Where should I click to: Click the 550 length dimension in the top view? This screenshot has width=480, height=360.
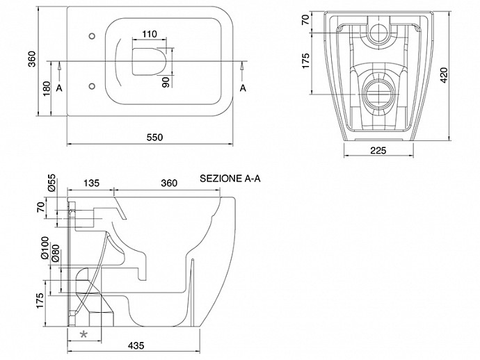click(154, 137)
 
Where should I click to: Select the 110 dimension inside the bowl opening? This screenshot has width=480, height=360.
click(148, 34)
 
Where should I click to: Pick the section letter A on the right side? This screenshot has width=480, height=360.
click(243, 88)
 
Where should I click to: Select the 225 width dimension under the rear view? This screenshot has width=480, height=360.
click(378, 150)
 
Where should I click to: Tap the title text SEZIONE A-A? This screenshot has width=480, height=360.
click(230, 178)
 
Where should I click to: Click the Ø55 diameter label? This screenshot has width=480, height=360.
click(51, 183)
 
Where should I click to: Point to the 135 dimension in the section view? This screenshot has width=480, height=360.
click(91, 183)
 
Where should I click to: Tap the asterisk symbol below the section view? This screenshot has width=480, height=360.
click(84, 334)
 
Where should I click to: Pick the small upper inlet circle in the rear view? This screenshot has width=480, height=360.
click(379, 31)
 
